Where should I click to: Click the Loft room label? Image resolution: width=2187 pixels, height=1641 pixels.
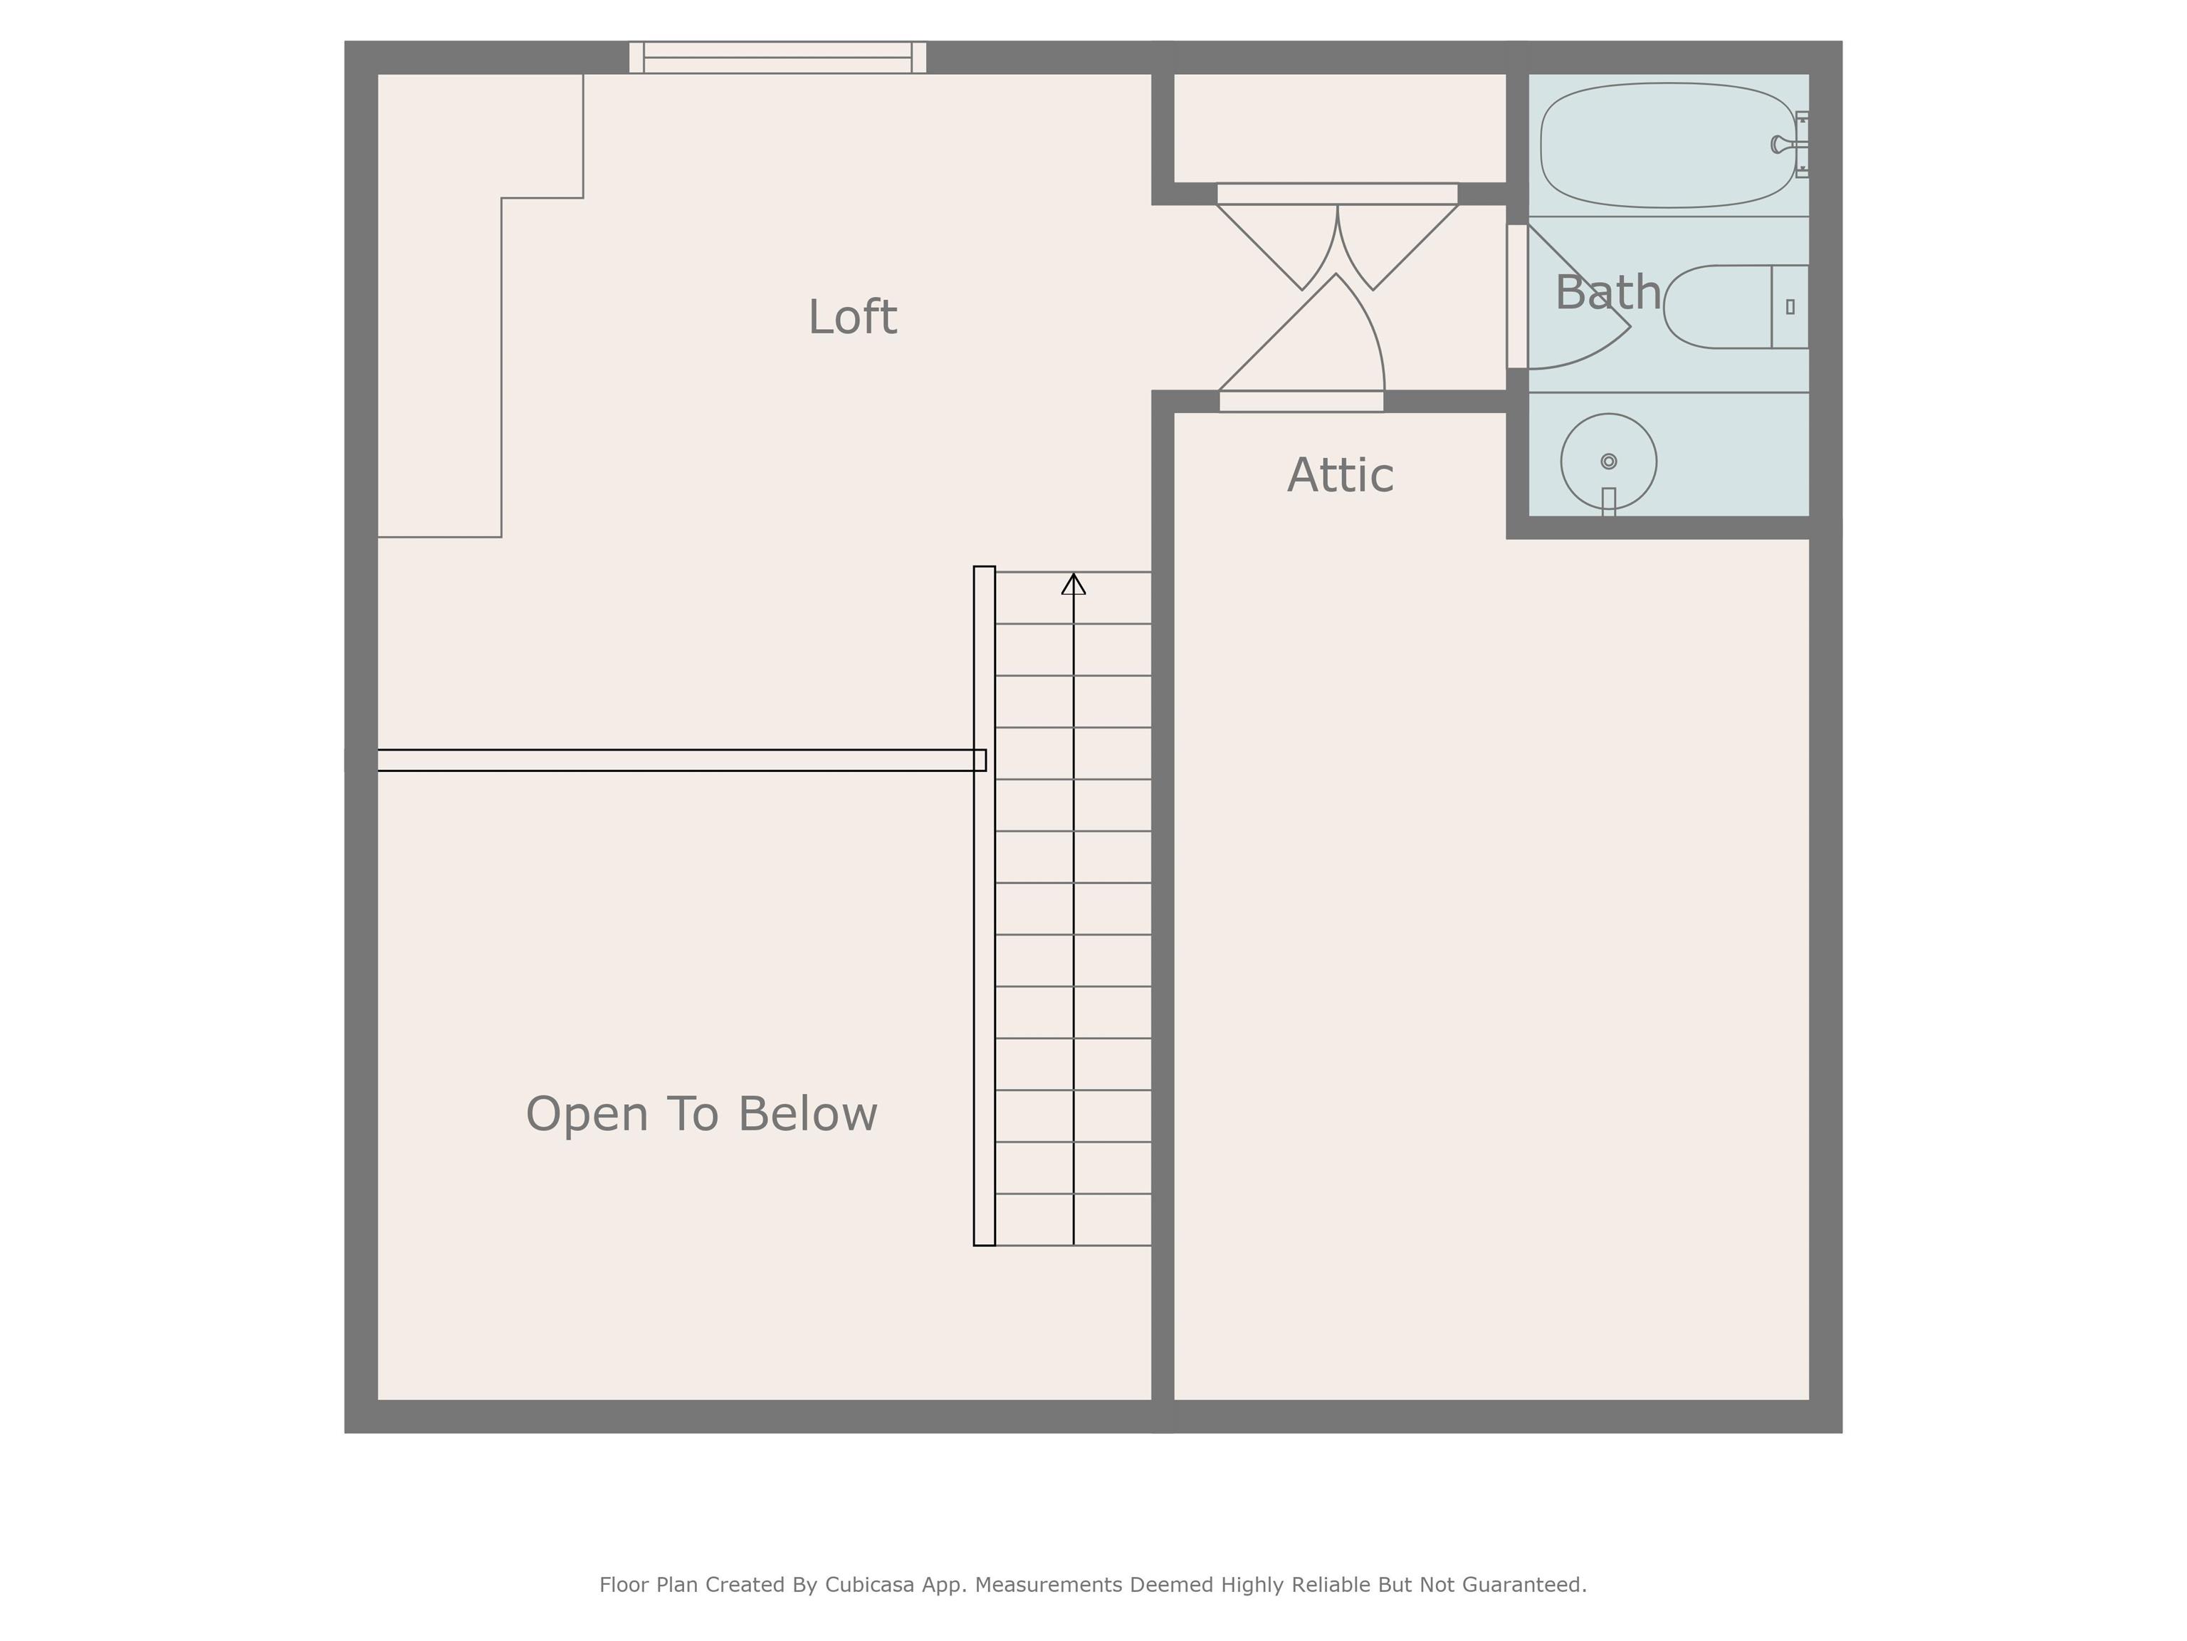pyautogui.click(x=852, y=318)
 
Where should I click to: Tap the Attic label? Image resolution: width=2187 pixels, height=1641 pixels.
pyautogui.click(x=1341, y=476)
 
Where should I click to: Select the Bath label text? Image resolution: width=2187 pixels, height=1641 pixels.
pyautogui.click(x=1608, y=293)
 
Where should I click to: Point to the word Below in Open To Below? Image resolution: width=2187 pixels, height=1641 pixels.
pyautogui.click(x=808, y=1114)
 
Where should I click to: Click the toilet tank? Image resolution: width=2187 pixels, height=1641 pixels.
pyautogui.click(x=1790, y=307)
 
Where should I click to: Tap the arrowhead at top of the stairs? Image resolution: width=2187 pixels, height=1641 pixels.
pyautogui.click(x=1074, y=585)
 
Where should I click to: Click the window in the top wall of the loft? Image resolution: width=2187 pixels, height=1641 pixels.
pyautogui.click(x=778, y=58)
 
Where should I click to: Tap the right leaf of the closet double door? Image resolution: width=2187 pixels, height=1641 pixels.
pyautogui.click(x=1398, y=247)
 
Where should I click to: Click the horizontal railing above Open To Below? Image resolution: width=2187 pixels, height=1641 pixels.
pyautogui.click(x=681, y=760)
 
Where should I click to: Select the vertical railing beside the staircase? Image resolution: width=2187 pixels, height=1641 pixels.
pyautogui.click(x=985, y=906)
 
